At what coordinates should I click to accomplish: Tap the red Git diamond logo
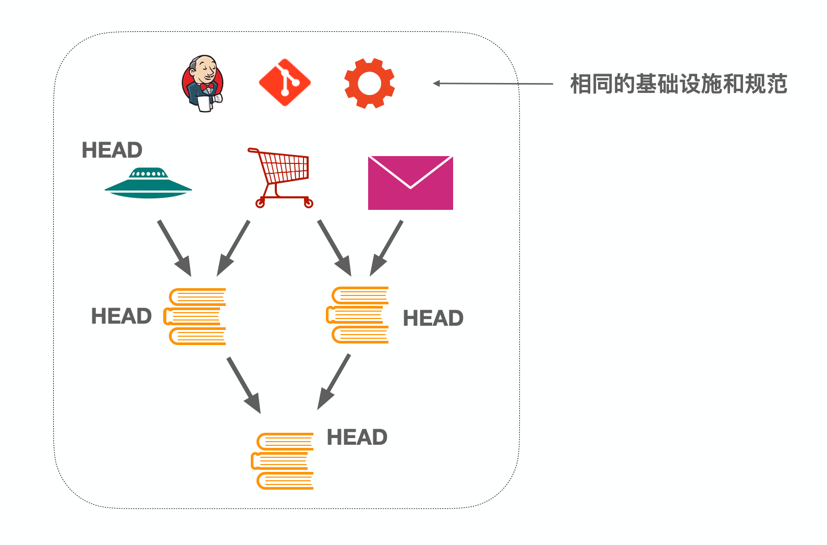(x=285, y=82)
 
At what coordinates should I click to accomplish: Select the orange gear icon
(x=369, y=83)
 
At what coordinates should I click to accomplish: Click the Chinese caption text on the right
(x=678, y=84)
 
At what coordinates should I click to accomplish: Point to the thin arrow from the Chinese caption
(x=493, y=83)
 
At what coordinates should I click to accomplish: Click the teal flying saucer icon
(x=148, y=183)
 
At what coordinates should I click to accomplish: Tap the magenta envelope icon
(x=410, y=183)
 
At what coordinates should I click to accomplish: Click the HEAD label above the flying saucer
(x=112, y=150)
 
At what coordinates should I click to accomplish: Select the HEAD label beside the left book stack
(x=121, y=316)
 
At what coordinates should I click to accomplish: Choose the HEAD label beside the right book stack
(x=433, y=318)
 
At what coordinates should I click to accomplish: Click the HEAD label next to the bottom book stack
(x=357, y=437)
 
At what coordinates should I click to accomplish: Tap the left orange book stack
(x=196, y=316)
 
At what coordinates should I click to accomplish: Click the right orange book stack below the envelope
(x=358, y=315)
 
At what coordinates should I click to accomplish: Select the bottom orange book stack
(x=283, y=461)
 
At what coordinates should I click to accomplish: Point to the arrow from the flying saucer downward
(x=175, y=248)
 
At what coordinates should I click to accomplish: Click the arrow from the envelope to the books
(x=386, y=248)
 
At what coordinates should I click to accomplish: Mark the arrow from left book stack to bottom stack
(x=244, y=385)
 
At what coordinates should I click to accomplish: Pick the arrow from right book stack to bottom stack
(x=334, y=382)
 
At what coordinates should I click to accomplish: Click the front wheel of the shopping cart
(x=260, y=203)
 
